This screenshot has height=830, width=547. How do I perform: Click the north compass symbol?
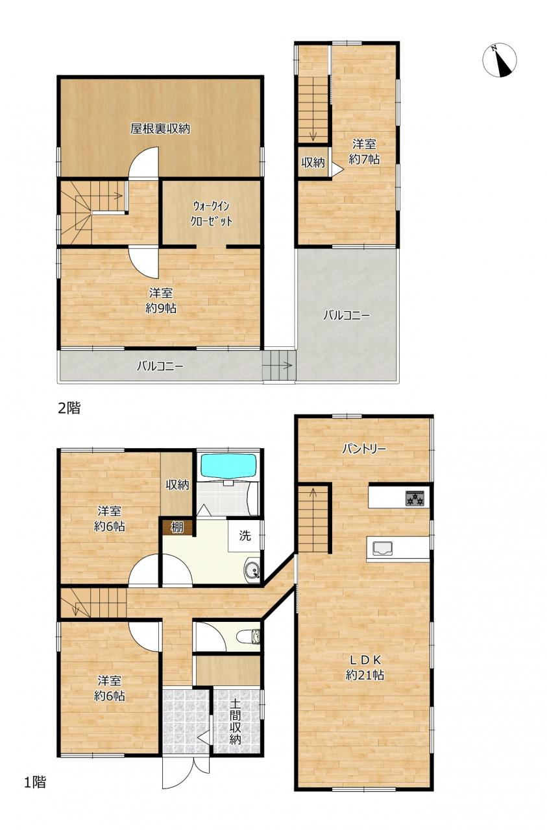[x=500, y=60]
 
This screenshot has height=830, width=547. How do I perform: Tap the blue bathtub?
[x=228, y=466]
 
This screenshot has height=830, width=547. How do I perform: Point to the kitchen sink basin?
[x=383, y=548]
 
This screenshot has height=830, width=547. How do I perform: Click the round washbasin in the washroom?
[x=252, y=570]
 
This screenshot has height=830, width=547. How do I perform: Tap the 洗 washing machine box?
[x=245, y=536]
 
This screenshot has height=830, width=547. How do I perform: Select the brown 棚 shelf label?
[x=177, y=527]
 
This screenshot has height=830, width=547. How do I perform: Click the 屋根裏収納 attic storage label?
[x=160, y=128]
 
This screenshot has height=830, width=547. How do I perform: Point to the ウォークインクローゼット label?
[x=211, y=214]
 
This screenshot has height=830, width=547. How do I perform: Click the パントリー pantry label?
[x=364, y=449]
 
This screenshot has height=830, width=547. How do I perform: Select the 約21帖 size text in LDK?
[x=365, y=675]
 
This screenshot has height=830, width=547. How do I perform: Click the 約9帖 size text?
[x=161, y=308]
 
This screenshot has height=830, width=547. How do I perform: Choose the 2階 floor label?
[x=69, y=408]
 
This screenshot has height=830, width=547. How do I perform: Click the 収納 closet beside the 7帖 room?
[x=313, y=162]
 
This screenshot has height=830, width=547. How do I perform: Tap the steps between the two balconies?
[x=279, y=366]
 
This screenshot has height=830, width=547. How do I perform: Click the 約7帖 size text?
[x=364, y=160]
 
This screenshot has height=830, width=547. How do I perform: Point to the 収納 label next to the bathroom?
[x=177, y=484]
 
